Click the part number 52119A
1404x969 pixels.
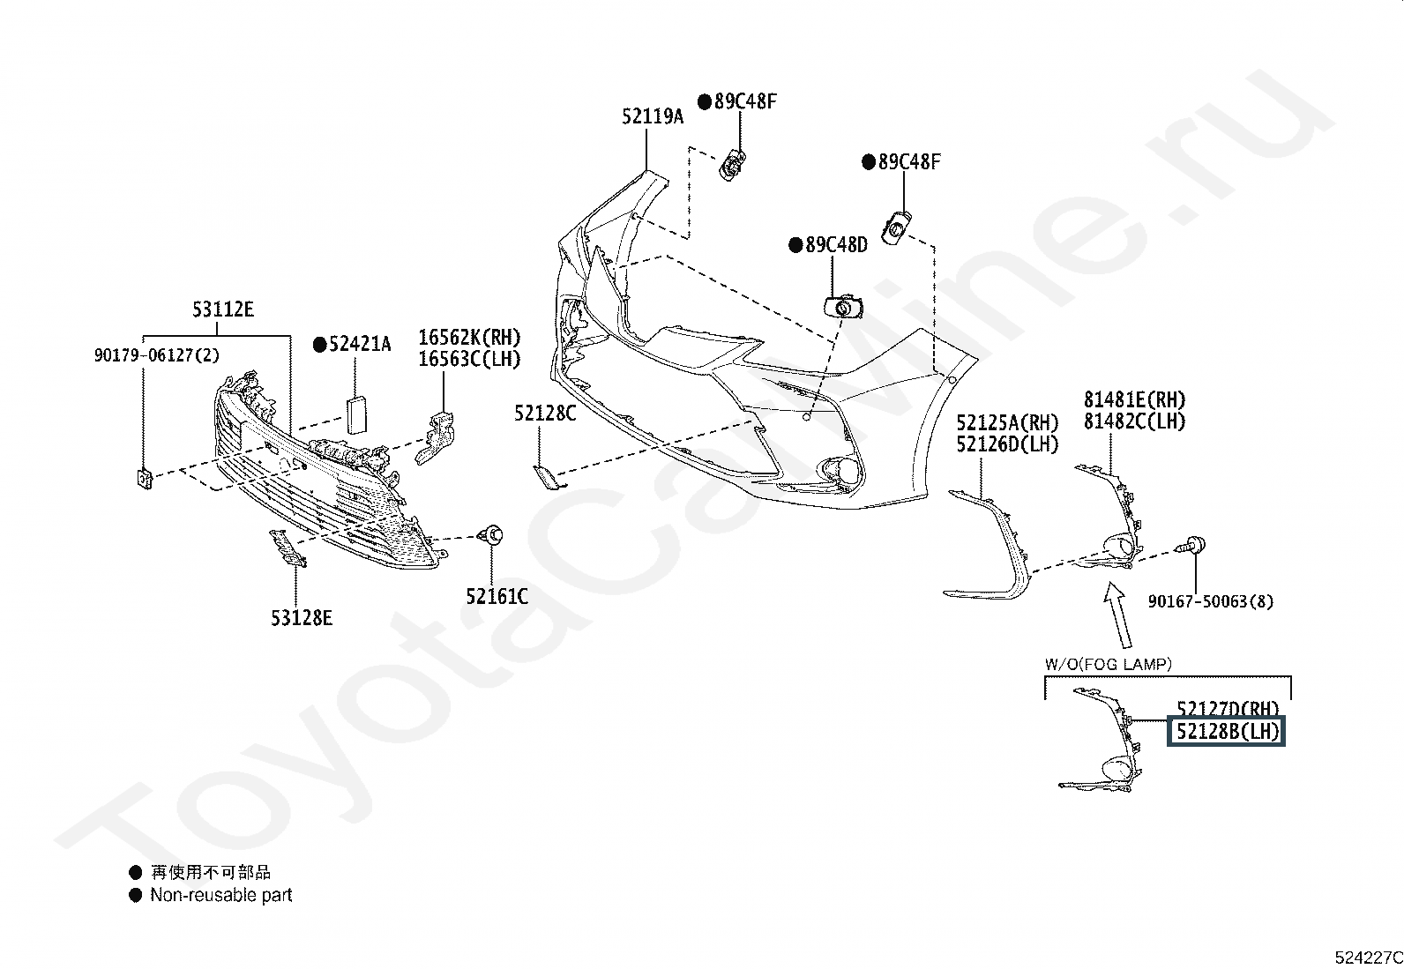coord(653,116)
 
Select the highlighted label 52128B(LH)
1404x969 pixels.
coord(1226,731)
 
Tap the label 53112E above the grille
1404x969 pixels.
coord(222,309)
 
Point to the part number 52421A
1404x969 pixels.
coord(360,344)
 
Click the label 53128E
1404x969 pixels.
coord(302,618)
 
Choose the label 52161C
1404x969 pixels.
coord(497,596)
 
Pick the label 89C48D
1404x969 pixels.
coord(836,244)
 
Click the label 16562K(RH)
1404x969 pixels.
coord(469,337)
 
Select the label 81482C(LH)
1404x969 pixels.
coord(1135,421)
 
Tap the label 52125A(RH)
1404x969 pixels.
coord(1007,422)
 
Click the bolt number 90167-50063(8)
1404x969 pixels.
coord(1211,601)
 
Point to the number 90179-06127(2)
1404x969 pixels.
coord(157,355)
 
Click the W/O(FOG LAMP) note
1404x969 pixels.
coord(1109,664)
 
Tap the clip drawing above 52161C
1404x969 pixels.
coord(491,534)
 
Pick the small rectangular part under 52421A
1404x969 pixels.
coord(357,414)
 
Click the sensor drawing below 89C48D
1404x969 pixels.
coord(843,307)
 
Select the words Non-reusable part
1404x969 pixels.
coord(221,894)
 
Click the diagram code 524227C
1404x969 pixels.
coord(1369,957)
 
